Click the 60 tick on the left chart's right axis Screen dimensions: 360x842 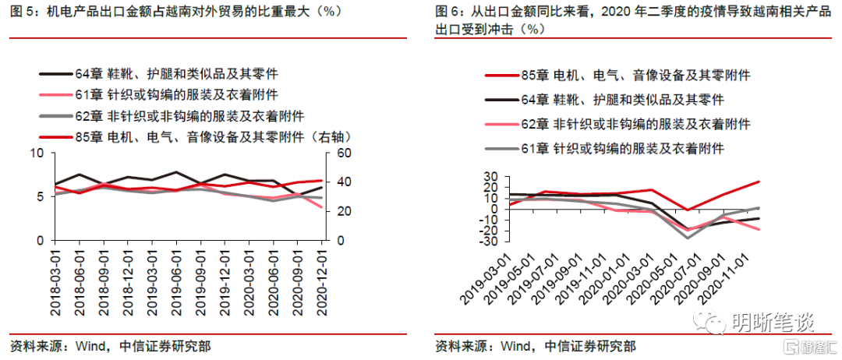coord(344,154)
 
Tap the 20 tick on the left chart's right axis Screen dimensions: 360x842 coord(344,211)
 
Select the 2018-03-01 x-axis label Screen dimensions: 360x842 coord(56,281)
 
